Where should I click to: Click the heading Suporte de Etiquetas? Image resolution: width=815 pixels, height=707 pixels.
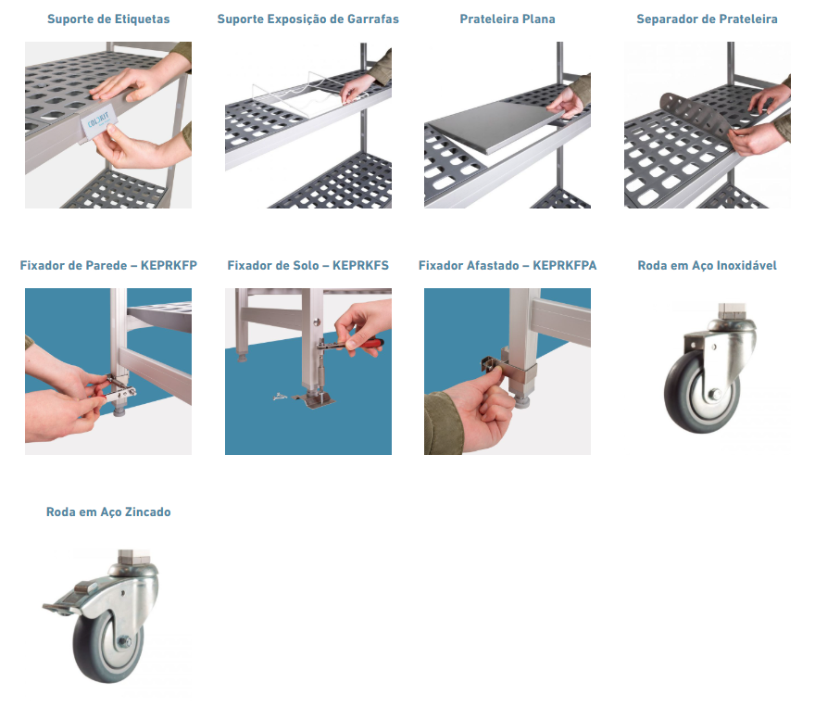(108, 19)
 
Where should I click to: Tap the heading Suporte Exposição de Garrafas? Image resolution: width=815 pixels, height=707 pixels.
(307, 19)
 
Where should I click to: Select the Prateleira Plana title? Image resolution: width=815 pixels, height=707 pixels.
(508, 19)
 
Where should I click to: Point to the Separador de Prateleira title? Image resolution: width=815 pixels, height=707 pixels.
(707, 19)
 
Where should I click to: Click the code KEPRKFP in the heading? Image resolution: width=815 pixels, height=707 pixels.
(169, 266)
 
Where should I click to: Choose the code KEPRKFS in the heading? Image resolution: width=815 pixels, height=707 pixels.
(360, 266)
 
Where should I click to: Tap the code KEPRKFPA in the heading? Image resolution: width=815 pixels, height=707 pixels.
(564, 266)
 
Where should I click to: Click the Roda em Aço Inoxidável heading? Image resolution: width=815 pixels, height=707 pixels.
(707, 266)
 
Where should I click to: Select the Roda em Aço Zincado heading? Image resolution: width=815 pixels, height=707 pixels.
(108, 512)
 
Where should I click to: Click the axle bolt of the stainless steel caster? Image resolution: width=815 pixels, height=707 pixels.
(715, 395)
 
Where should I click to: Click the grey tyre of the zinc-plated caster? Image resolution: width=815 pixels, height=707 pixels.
(87, 650)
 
